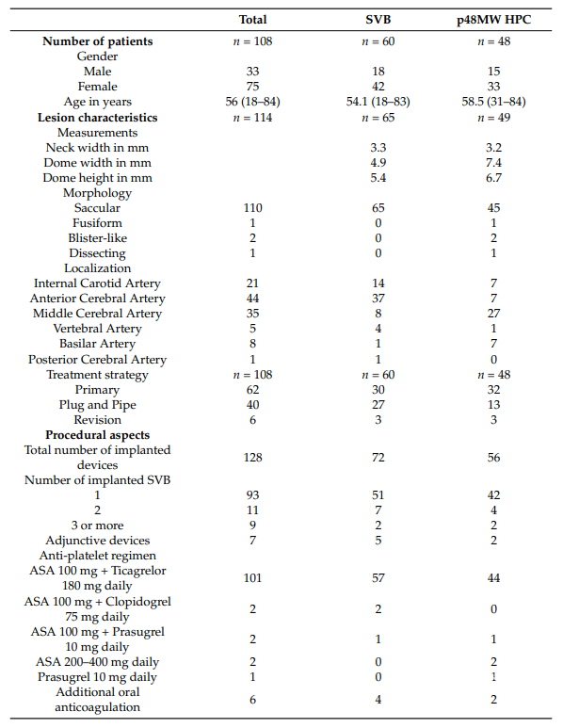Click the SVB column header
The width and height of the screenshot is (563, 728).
click(x=378, y=20)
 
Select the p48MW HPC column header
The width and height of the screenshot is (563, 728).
click(x=493, y=20)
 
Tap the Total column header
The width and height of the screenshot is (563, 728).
click(x=252, y=20)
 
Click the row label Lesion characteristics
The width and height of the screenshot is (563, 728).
click(x=98, y=118)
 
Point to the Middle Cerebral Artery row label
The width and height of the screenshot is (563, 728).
click(x=98, y=314)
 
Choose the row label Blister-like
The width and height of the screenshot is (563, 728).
click(x=98, y=237)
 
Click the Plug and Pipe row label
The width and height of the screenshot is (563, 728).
click(x=98, y=405)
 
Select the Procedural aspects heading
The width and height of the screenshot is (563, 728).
click(x=98, y=435)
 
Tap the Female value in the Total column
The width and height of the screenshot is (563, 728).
click(x=252, y=87)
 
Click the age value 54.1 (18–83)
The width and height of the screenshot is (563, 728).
click(x=378, y=102)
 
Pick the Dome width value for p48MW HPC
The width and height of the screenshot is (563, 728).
click(x=493, y=163)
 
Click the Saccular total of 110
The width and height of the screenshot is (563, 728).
click(x=252, y=207)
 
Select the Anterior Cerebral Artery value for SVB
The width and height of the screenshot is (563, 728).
click(x=378, y=298)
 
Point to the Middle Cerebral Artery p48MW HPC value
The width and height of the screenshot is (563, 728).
click(x=493, y=314)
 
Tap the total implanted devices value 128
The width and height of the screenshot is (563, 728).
click(x=252, y=458)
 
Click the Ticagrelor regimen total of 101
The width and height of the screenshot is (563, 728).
click(x=252, y=578)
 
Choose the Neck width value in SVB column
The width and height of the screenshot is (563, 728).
click(x=378, y=148)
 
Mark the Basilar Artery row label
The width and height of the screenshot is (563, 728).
click(x=98, y=344)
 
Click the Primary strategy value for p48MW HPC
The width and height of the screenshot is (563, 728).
click(x=493, y=390)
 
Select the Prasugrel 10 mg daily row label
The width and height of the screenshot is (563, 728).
click(x=98, y=677)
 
